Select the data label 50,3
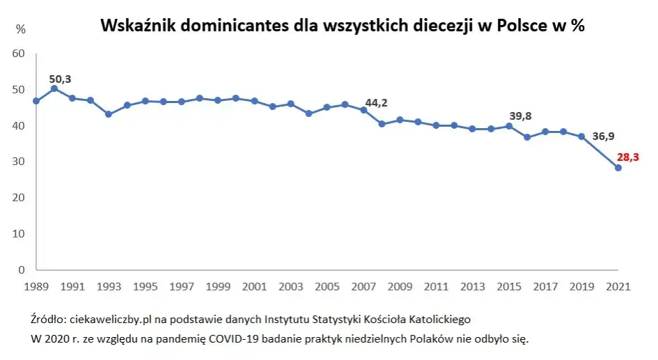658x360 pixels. [60, 79]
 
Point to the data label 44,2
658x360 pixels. [376, 103]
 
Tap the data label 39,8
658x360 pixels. [521, 116]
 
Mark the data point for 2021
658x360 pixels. [618, 168]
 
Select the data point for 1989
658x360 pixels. [36, 101]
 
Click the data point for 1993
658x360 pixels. [109, 114]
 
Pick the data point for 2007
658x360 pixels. [363, 110]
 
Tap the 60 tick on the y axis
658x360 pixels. [19, 54]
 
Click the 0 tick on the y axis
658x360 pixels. [22, 269]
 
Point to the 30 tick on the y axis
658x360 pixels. [19, 162]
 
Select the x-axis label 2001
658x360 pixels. [254, 286]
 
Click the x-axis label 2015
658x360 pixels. [509, 286]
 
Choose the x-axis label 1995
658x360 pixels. [145, 286]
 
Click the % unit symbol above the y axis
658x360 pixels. [21, 29]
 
